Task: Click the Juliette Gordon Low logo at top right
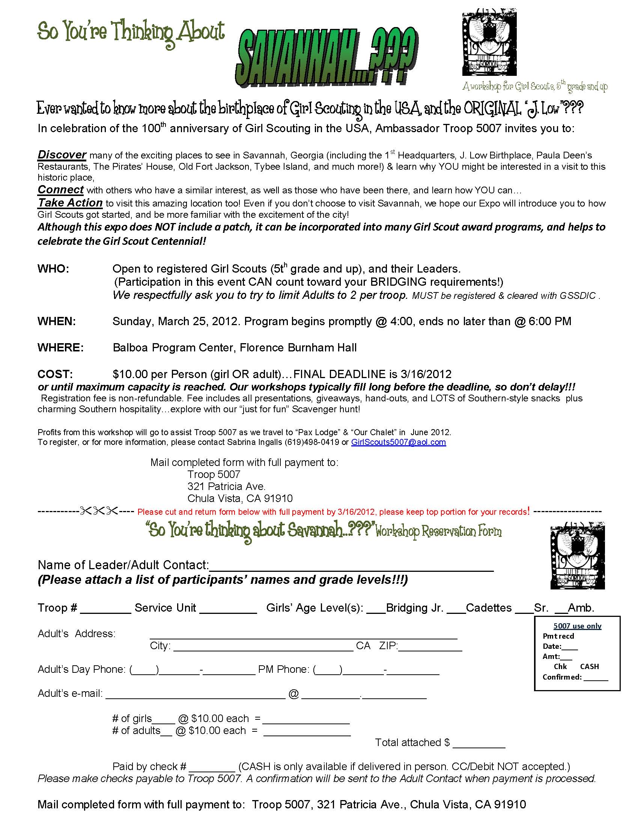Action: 489,42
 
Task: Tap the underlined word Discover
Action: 62,155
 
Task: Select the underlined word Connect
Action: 60,190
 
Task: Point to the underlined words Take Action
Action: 70,203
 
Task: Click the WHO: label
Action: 53,269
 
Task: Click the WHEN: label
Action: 57,321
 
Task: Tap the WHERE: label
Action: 60,348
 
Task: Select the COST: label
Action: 55,374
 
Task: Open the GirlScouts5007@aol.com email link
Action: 398,442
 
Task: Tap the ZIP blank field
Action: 430,647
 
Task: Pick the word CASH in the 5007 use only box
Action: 589,666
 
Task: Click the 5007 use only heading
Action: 577,626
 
